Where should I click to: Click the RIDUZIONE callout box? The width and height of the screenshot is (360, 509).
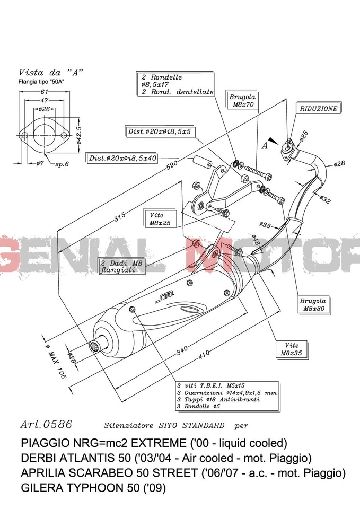pos(318,109)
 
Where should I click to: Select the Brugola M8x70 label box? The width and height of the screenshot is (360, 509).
pos(242,101)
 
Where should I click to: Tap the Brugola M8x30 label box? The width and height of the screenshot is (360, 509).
pos(313,304)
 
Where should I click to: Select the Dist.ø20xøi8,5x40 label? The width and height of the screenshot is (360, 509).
pos(122,158)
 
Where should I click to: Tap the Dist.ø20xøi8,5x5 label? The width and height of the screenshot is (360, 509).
pos(162,131)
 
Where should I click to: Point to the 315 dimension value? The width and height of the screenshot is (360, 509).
pos(120,216)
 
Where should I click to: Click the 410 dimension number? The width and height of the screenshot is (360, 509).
pos(204,357)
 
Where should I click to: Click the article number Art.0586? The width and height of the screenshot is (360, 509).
pos(46,424)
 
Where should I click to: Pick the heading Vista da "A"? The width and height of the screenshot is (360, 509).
pos(51,72)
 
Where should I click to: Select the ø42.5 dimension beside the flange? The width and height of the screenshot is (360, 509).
pos(78,135)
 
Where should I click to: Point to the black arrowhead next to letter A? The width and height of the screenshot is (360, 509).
pos(273,141)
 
